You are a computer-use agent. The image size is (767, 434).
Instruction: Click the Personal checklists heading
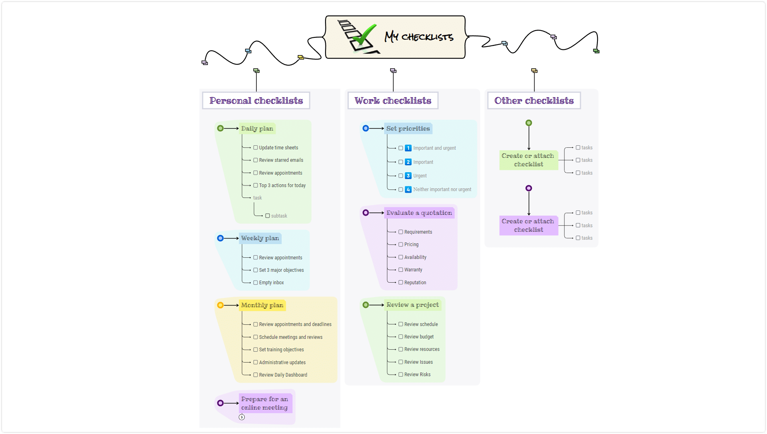(256, 100)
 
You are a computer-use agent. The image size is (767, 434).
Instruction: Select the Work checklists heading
(393, 100)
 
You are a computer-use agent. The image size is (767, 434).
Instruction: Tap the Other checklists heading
(534, 100)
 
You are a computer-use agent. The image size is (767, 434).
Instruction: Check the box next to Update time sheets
(256, 148)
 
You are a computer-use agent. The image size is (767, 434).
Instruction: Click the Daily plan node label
(257, 128)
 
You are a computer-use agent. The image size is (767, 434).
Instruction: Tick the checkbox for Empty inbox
(256, 283)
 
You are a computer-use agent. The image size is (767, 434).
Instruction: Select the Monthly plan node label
(262, 305)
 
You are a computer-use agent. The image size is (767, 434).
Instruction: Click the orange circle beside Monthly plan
(220, 305)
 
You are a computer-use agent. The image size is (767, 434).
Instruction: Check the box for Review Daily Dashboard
(256, 375)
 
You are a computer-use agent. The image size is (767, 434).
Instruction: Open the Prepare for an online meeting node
(265, 403)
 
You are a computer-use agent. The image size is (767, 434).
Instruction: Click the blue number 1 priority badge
(408, 148)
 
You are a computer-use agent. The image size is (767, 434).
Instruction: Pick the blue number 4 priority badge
(408, 189)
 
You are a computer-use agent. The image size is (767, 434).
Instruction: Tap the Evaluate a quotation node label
(419, 213)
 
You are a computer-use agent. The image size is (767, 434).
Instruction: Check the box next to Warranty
(401, 270)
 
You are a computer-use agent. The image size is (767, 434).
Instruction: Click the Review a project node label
(413, 305)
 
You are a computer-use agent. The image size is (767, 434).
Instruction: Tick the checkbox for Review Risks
(401, 375)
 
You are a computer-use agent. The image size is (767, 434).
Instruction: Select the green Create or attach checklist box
(529, 160)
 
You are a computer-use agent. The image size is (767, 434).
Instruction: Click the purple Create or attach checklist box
(529, 225)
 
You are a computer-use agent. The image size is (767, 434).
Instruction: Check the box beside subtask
(268, 216)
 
